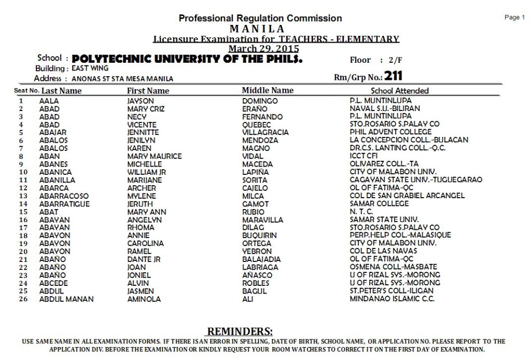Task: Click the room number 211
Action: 394,76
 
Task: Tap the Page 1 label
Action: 514,18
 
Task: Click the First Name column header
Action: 148,91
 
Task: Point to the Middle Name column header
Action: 268,90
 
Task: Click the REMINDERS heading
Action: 240,331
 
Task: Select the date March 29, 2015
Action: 263,48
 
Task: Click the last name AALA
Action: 49,101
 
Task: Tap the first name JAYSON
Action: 141,101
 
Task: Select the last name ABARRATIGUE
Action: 64,204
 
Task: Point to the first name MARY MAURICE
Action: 155,156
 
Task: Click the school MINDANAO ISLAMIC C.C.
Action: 392,299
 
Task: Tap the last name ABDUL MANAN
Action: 66,299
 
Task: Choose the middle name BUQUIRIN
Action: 260,236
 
